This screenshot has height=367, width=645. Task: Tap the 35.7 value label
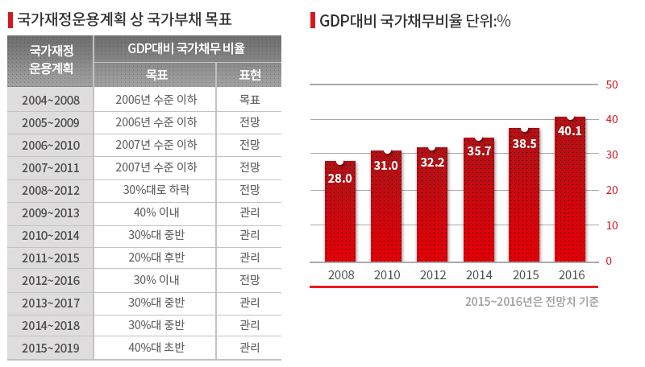click(x=478, y=151)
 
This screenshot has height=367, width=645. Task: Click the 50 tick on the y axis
click(x=611, y=85)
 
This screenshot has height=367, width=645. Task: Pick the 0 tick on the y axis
click(x=610, y=262)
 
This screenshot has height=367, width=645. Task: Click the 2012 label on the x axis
click(x=432, y=275)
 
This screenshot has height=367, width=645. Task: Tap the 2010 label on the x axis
click(x=386, y=275)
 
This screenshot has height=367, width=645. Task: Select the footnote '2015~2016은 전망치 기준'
click(x=531, y=302)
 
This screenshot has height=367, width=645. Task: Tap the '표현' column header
click(x=250, y=75)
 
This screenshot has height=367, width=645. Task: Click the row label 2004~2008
click(x=51, y=101)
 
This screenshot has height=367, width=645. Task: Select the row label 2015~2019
click(x=51, y=348)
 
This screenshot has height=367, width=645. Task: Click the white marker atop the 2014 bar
click(x=478, y=138)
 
